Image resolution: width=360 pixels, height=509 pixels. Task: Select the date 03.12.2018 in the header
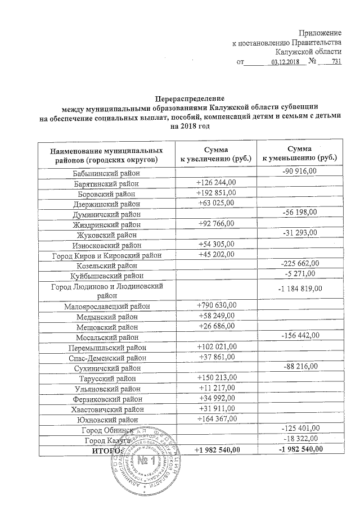tap(286, 62)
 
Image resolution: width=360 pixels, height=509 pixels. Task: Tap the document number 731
tap(336, 62)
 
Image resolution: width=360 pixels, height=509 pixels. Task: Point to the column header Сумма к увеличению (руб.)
tap(216, 155)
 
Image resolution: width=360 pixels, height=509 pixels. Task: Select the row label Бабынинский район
tap(107, 174)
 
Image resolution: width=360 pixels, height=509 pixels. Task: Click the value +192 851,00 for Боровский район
tap(216, 192)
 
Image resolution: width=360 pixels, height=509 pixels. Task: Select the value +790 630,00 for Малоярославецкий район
tap(216, 305)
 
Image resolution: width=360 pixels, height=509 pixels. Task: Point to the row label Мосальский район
tap(107, 337)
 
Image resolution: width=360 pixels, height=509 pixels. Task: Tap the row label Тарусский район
tap(107, 379)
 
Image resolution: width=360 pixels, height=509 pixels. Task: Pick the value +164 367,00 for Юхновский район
tap(216, 418)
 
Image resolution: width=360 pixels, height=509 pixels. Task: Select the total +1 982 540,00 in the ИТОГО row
tap(216, 449)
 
